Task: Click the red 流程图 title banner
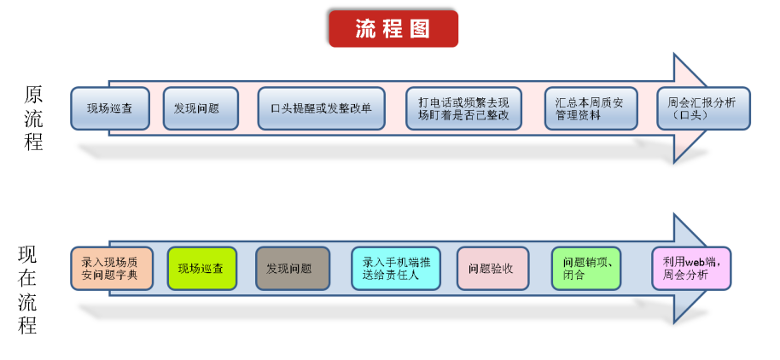(x=393, y=28)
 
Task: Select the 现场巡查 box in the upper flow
(x=110, y=108)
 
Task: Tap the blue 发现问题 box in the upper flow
(x=201, y=108)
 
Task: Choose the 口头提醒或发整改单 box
(x=321, y=108)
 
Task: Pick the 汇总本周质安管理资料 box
(x=590, y=108)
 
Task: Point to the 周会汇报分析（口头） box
(x=703, y=108)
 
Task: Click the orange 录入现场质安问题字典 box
(x=112, y=268)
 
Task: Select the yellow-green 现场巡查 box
(x=201, y=269)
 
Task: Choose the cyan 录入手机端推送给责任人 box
(x=396, y=268)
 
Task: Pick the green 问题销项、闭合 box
(x=585, y=269)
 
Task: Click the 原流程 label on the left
(x=34, y=118)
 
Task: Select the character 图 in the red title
(x=419, y=28)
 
